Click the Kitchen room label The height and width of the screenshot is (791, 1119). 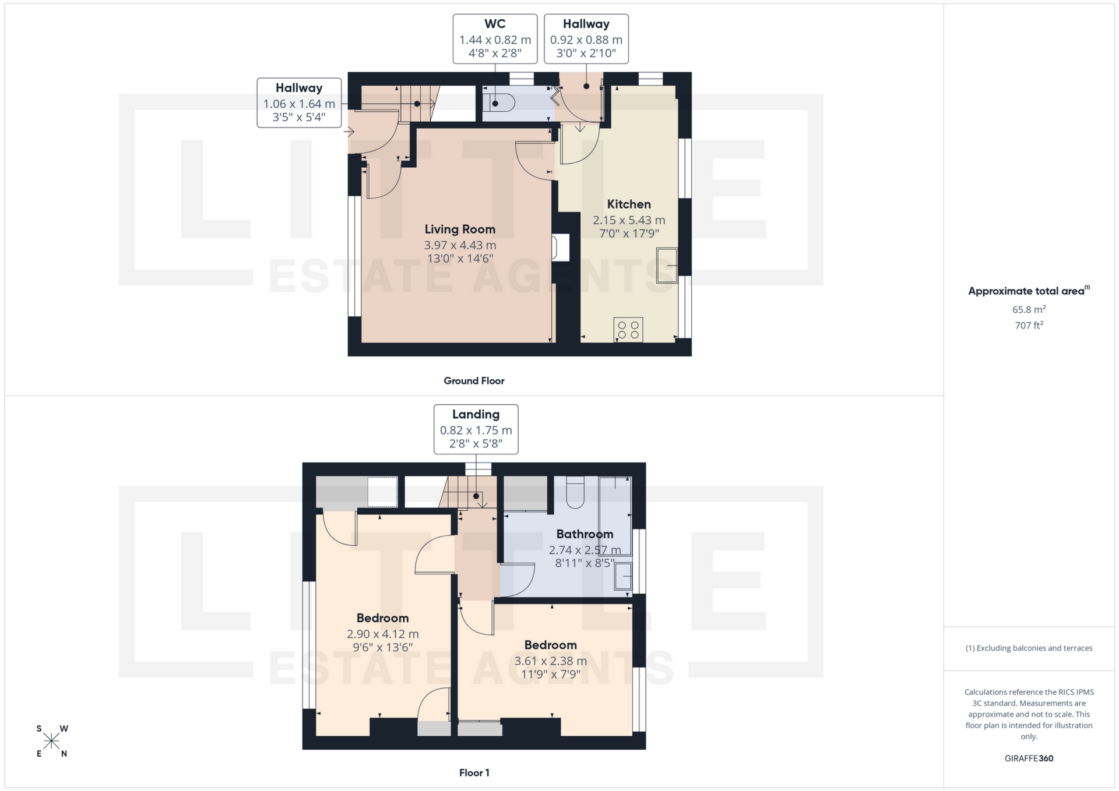tap(629, 204)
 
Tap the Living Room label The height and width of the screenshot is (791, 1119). tap(460, 229)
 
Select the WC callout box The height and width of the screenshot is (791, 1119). tap(495, 39)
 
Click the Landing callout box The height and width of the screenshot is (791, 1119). tap(476, 429)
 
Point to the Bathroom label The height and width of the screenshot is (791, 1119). tap(585, 534)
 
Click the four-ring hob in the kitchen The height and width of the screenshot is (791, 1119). tap(628, 330)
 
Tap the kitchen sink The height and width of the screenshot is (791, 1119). tap(667, 266)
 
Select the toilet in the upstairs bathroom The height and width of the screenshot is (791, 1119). tap(576, 493)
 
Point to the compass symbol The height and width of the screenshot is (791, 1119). tap(52, 741)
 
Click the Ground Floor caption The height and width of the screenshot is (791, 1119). tap(474, 381)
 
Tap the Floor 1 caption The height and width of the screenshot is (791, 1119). tap(474, 773)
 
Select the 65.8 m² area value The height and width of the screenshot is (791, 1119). tap(1029, 309)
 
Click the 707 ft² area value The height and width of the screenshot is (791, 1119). tap(1029, 326)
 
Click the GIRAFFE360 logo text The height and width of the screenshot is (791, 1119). tap(1029, 758)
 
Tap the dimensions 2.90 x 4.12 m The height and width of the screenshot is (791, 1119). tap(382, 634)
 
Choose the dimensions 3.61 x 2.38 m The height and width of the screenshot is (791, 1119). tap(550, 661)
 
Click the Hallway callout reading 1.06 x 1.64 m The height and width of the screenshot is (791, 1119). tap(299, 103)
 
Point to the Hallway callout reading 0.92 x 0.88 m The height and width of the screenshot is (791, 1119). tap(586, 39)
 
